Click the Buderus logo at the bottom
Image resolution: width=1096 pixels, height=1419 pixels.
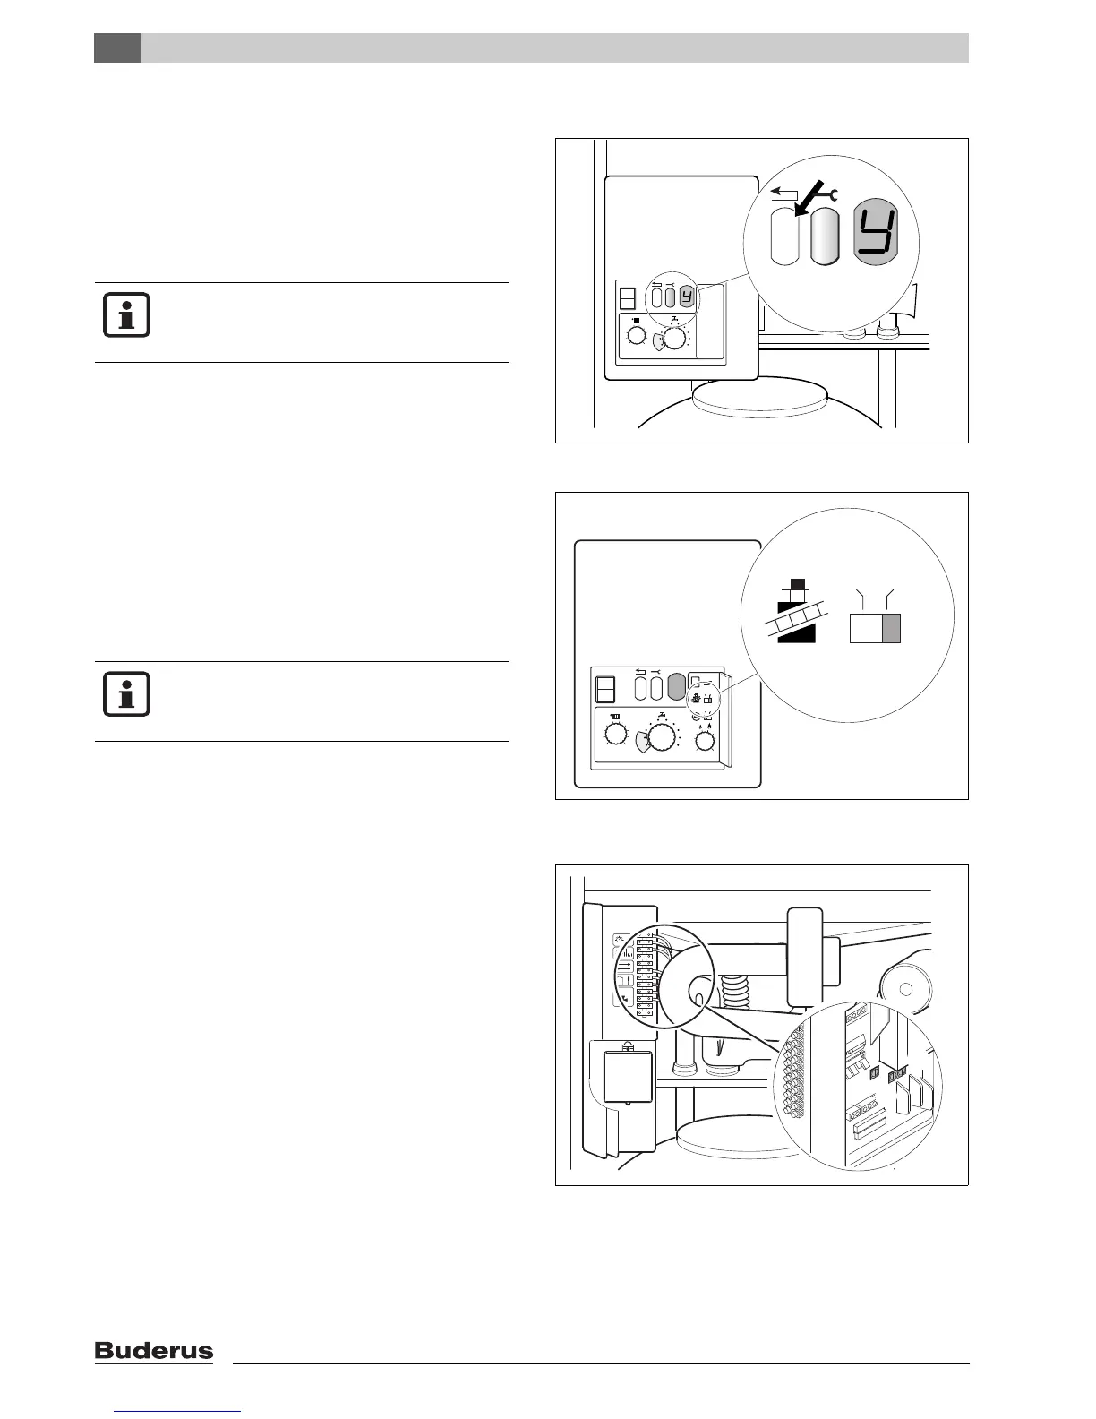pyautogui.click(x=154, y=1350)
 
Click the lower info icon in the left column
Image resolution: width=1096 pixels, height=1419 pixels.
pyautogui.click(x=126, y=694)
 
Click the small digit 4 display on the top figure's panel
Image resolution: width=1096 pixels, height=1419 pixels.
pyautogui.click(x=687, y=297)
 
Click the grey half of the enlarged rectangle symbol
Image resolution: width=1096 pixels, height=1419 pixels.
pyautogui.click(x=891, y=629)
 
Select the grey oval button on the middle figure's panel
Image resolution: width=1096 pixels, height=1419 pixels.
pyautogui.click(x=676, y=687)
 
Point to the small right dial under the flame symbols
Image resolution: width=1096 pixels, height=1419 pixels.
pyautogui.click(x=706, y=741)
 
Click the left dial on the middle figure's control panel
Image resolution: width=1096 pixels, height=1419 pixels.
pyautogui.click(x=616, y=735)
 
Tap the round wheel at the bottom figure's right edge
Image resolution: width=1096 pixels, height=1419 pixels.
pyautogui.click(x=907, y=989)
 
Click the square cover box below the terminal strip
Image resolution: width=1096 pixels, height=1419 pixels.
pyautogui.click(x=628, y=1076)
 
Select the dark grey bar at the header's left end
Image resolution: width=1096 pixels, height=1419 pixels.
pyautogui.click(x=117, y=48)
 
